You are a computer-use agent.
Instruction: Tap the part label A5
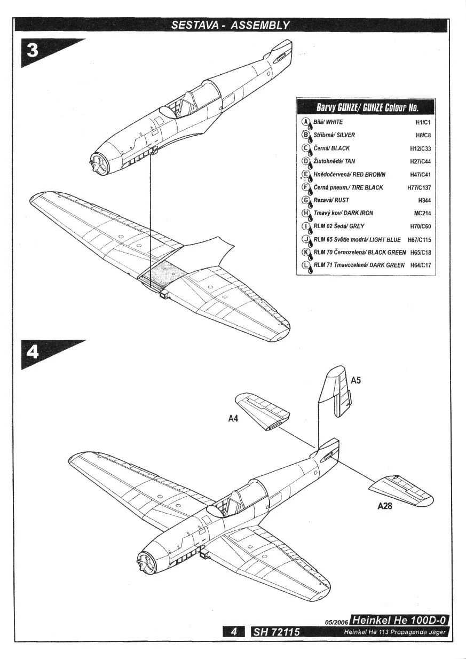[357, 381]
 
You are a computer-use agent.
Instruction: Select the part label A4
[233, 419]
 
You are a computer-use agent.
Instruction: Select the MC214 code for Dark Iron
[422, 213]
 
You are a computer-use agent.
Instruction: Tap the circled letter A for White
[306, 122]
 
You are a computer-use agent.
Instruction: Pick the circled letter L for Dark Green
[306, 265]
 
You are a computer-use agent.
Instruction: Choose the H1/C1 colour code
[423, 122]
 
